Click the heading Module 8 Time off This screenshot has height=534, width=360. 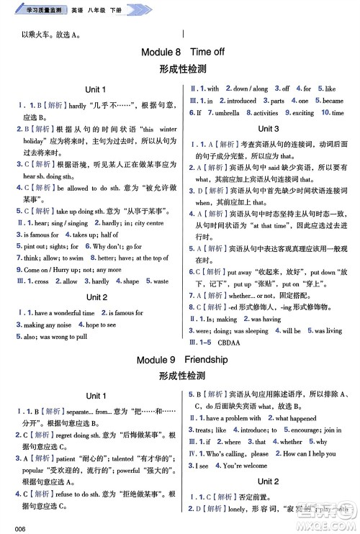(x=179, y=52)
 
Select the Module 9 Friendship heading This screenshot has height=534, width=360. (x=179, y=358)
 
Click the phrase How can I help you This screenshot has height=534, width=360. (x=310, y=453)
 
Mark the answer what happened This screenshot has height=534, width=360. (x=295, y=418)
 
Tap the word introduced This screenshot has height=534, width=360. (x=241, y=101)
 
